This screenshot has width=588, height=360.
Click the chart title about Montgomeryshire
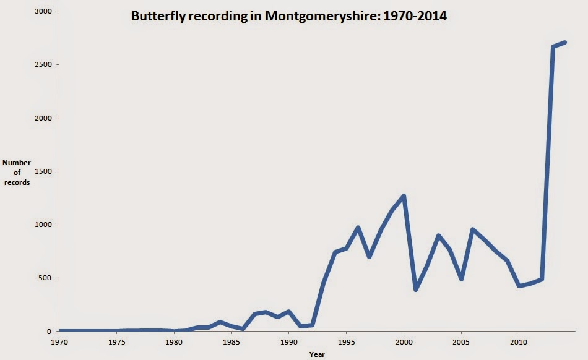coord(289,17)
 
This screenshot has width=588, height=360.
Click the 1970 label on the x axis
coord(59,341)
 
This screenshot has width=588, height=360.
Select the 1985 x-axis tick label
coord(231,341)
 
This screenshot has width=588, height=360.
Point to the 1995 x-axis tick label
coord(346,341)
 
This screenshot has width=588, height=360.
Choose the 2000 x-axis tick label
coord(404,341)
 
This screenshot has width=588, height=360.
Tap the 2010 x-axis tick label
coord(519,341)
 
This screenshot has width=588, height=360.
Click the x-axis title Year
coord(317,354)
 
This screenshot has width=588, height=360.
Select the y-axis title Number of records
coord(17,173)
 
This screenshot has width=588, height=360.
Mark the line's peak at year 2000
coord(404,196)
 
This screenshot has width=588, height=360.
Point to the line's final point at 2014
coord(564,43)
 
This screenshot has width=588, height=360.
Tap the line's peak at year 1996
coord(358,228)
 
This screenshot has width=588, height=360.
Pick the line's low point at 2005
coord(461,279)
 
